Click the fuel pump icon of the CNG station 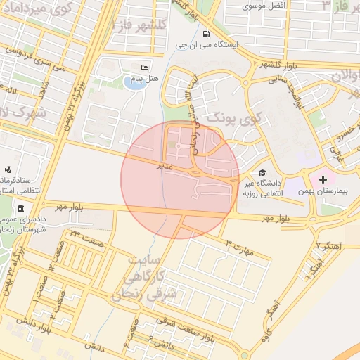click(x=205, y=33)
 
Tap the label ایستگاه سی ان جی click(x=207, y=45)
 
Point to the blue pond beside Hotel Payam click(x=131, y=83)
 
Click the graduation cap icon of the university click(x=262, y=172)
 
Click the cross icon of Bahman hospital click(x=323, y=181)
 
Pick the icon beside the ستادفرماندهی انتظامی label click(x=8, y=169)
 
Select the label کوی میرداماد click(x=35, y=8)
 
